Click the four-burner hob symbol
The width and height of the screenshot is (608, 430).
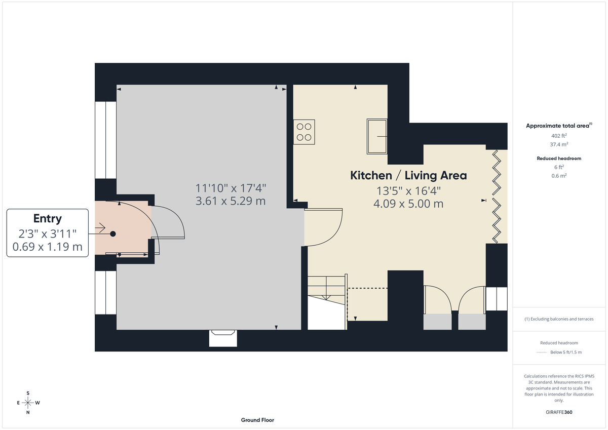coord(304,132)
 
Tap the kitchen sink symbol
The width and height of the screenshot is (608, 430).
coord(377,136)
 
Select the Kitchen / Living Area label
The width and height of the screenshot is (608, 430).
coord(408,176)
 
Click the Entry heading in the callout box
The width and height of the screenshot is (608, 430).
coord(47,219)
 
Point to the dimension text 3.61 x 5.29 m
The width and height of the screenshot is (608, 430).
coord(231,201)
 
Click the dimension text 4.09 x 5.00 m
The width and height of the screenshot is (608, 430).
coord(408,204)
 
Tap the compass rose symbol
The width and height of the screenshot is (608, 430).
coord(28,403)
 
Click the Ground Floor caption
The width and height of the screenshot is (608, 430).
coord(257,420)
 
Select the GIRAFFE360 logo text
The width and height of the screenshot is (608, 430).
coord(559,412)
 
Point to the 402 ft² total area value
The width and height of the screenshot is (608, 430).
coord(559,136)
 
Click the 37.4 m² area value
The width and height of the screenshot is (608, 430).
coord(559,144)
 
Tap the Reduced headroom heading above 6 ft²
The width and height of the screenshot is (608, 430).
coord(559,159)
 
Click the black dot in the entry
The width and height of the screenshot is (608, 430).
coord(113,233)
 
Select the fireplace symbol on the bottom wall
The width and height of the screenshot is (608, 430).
coord(223,338)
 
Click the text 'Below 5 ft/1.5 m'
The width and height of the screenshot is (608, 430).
coord(566,352)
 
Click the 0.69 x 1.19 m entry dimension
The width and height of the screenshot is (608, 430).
coord(47,247)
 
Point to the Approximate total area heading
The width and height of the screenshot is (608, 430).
coord(559,126)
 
